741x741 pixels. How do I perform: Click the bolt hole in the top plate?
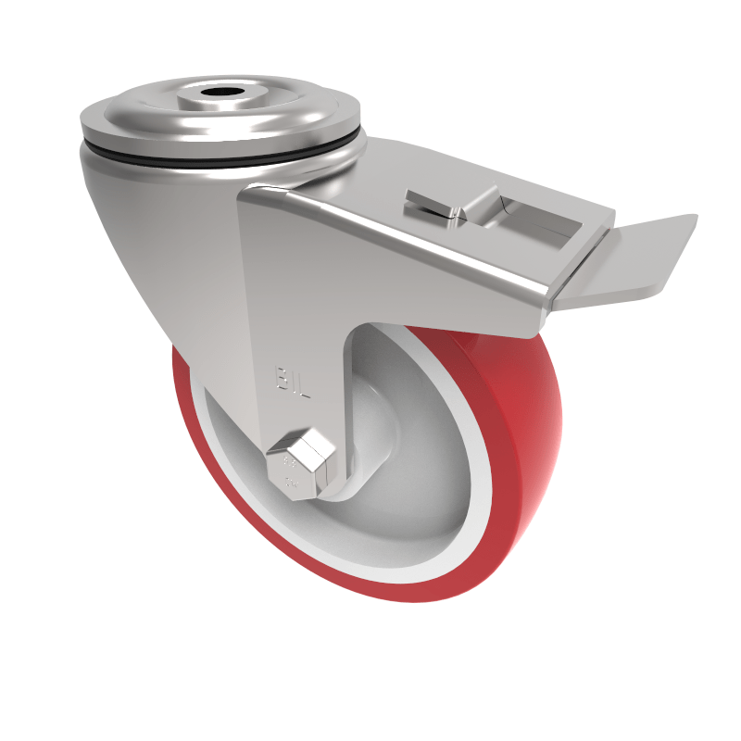(220, 95)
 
